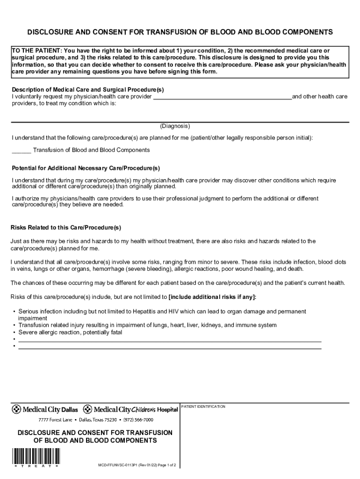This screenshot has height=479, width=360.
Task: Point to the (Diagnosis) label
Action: pos(175,126)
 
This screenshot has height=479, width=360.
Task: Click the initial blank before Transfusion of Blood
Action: pos(21,151)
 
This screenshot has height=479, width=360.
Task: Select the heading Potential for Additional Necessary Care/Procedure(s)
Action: pos(86,168)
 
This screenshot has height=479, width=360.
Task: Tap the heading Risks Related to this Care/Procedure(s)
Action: pos(66,228)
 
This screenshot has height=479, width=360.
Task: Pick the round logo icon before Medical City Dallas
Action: pos(16,409)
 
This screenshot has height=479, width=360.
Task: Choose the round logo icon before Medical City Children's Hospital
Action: pos(87,409)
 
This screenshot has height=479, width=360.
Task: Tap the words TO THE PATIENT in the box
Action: pos(36,51)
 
